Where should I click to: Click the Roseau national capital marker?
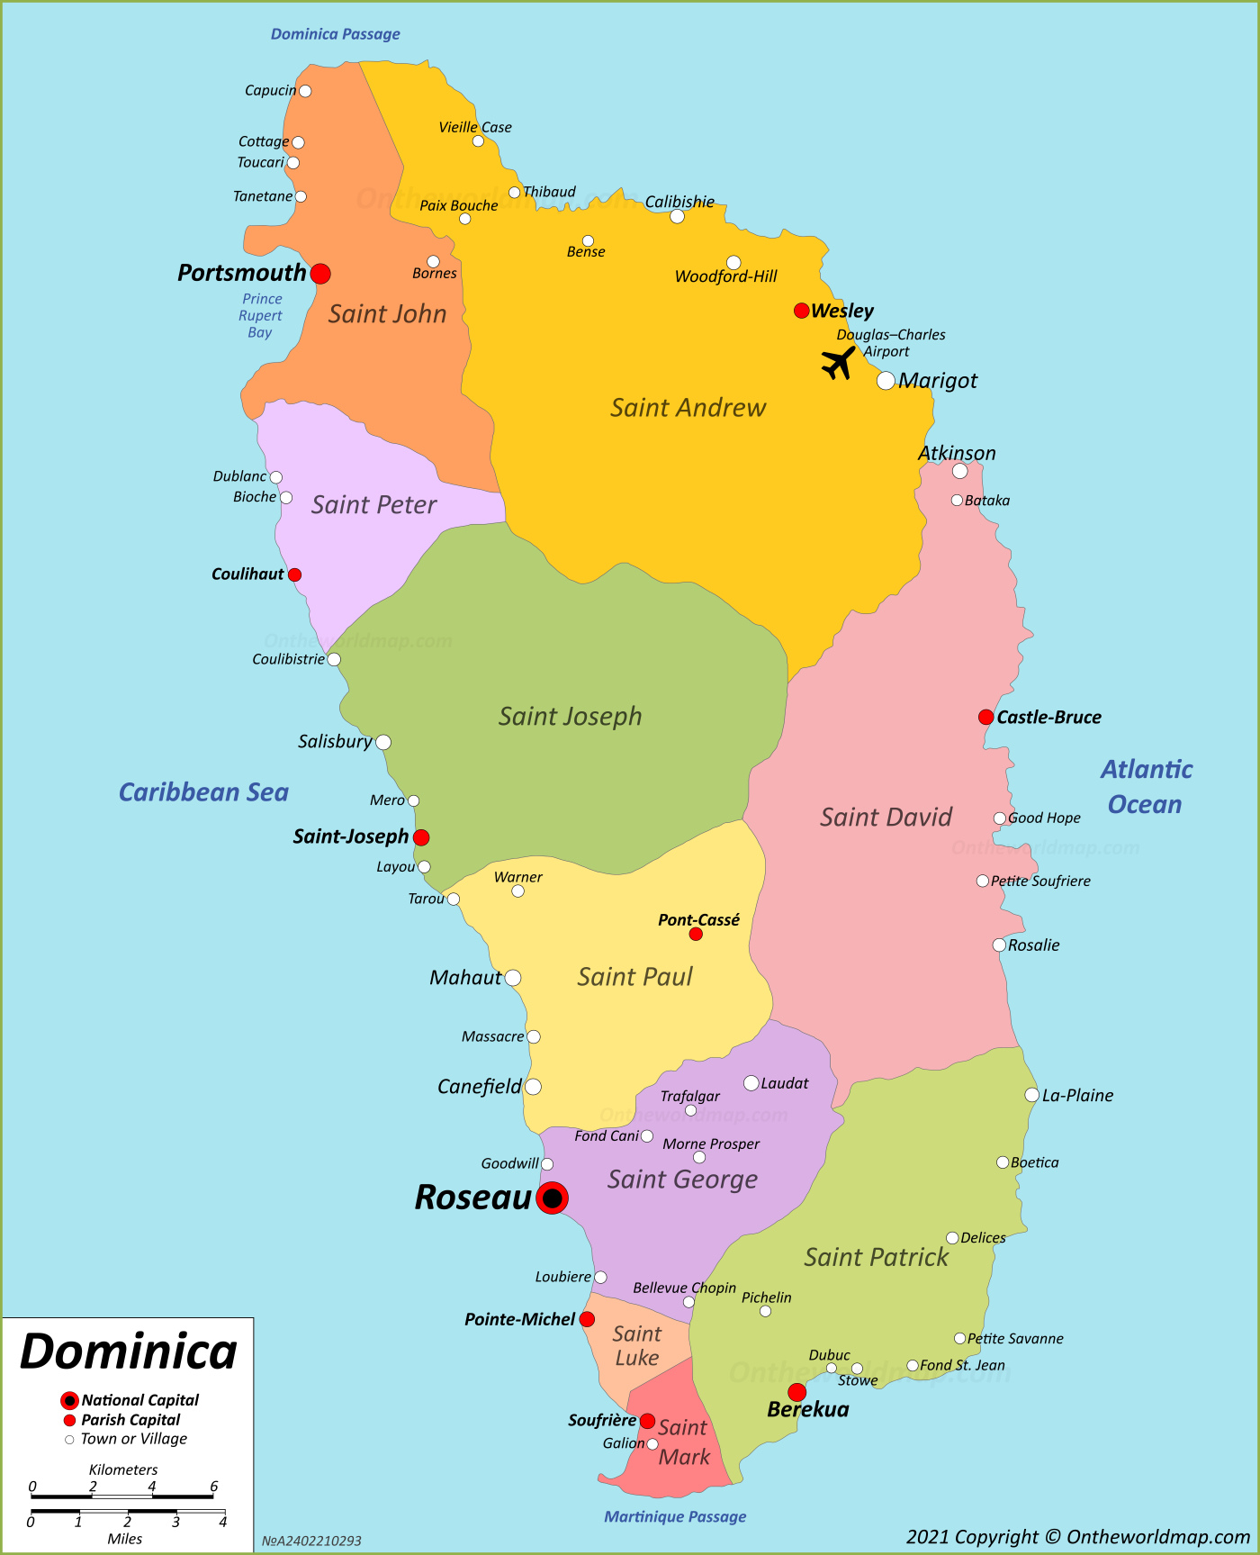coord(552,1198)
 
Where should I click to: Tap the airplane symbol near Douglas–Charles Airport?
coord(838,363)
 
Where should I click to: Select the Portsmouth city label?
coord(241,273)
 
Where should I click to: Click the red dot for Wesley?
coord(801,311)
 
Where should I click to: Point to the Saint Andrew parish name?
coord(688,408)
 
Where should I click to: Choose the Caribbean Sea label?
coord(203,792)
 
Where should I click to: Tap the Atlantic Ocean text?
coord(1146,786)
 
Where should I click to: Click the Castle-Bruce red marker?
coord(985,717)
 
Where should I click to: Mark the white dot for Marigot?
coord(886,380)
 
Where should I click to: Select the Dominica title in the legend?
coord(129,1352)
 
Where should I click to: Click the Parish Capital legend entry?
coord(130,1420)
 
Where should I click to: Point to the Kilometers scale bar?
coord(122,1496)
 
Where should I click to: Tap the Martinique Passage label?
coord(675,1516)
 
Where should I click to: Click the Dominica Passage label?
coord(336,34)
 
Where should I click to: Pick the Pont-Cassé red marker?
coord(696,934)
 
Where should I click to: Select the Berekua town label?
coord(807,1410)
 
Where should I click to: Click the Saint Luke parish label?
coord(637,1346)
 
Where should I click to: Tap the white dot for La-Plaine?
coord(1031,1095)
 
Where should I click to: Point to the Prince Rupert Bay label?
coord(260,316)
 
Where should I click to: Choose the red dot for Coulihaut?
coord(294,574)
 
